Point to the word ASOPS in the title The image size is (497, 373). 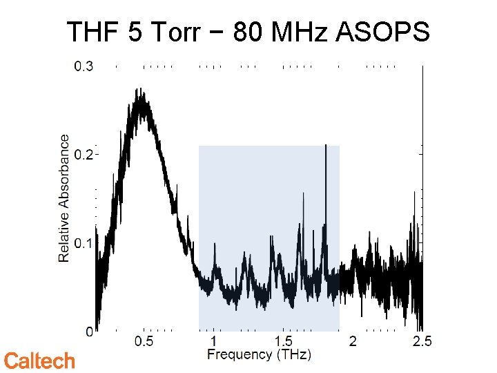(383, 32)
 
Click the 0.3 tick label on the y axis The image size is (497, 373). (84, 67)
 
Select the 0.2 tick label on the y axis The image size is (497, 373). (84, 155)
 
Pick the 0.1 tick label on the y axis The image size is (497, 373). (84, 243)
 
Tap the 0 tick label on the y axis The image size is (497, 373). (89, 332)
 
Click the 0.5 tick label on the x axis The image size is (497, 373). (144, 342)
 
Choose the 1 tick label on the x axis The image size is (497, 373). (214, 342)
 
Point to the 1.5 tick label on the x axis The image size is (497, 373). (283, 342)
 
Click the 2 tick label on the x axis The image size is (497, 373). (353, 342)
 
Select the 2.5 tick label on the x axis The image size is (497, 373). (422, 342)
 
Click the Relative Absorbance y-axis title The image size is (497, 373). (64, 198)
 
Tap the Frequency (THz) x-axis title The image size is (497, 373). (260, 355)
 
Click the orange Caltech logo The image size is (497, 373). (39, 361)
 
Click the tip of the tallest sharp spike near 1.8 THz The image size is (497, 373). (325, 145)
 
